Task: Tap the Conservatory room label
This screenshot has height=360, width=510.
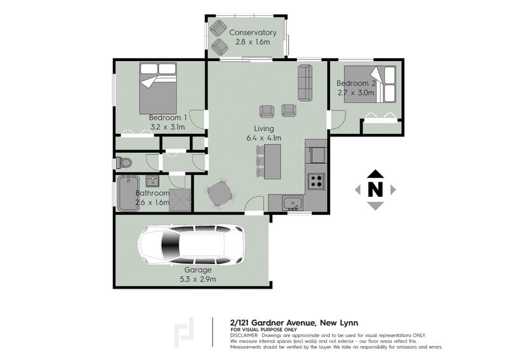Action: [253, 32]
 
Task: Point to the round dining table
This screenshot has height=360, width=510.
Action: [219, 192]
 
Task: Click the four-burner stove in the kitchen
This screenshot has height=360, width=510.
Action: [316, 182]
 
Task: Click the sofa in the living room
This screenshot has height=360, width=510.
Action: [303, 83]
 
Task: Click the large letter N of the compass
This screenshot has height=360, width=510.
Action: [376, 189]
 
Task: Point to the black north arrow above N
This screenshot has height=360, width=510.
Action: [376, 173]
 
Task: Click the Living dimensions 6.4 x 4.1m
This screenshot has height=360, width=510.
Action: [263, 137]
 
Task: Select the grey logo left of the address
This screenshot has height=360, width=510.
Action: [185, 334]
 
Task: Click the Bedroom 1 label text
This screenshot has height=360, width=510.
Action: [168, 117]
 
